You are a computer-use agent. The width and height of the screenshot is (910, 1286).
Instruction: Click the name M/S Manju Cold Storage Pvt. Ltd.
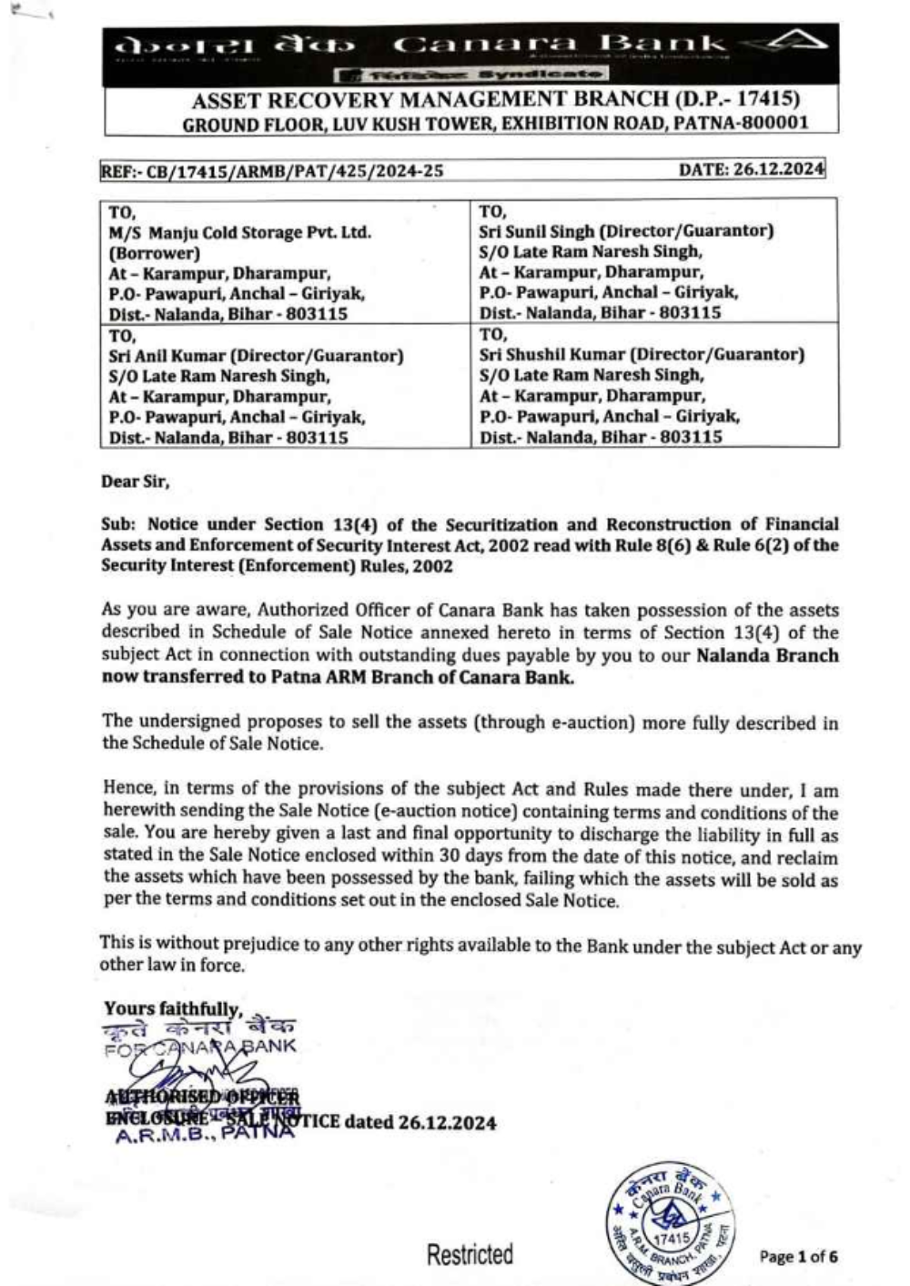[240, 232]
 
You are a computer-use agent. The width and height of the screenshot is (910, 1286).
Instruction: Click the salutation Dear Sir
[135, 481]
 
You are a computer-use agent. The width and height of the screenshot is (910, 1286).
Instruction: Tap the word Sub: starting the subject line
[119, 524]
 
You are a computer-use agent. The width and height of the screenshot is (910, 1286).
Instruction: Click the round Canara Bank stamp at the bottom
[672, 1222]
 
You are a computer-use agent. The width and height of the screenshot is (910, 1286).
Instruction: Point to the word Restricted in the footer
[470, 1255]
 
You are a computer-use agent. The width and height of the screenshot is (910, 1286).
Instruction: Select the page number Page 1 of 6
[798, 1257]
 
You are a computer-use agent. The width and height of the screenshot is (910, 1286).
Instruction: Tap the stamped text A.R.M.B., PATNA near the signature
[205, 1136]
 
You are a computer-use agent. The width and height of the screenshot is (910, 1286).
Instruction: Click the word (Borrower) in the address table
[155, 253]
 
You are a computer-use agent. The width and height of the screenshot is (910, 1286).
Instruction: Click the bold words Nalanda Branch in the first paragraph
[767, 655]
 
